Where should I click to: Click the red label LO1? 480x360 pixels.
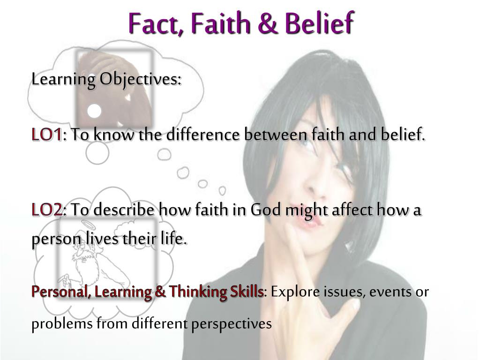coord(46,135)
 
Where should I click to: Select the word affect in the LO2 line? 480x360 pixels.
coord(348,210)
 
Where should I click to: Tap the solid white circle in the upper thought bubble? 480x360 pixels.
coord(95,111)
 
